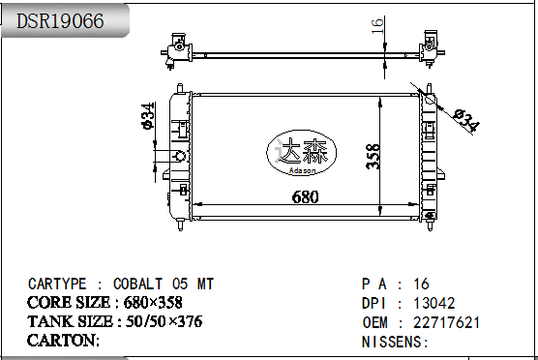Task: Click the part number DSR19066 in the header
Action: [x=60, y=20]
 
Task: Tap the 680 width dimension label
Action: [x=305, y=197]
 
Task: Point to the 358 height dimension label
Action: [x=374, y=157]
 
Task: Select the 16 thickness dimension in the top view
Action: [x=377, y=26]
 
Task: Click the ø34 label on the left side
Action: [x=148, y=116]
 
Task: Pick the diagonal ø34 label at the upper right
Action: [x=466, y=121]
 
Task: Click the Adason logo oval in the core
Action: [x=301, y=153]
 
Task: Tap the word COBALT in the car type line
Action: [x=138, y=285]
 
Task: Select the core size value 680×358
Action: [x=153, y=303]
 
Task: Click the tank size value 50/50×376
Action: [x=164, y=321]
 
